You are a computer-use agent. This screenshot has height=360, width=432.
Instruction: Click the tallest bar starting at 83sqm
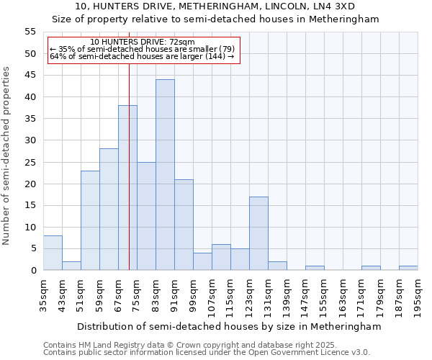[x=165, y=175]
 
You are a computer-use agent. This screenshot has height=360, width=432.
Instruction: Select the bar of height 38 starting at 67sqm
[x=127, y=188]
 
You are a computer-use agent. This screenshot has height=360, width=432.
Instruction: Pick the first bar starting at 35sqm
[x=53, y=253]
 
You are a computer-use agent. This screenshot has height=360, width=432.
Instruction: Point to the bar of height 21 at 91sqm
[x=184, y=225]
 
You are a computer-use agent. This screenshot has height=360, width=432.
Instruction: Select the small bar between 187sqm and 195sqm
[x=408, y=268]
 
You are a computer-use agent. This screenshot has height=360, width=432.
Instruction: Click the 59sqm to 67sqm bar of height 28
[x=109, y=210]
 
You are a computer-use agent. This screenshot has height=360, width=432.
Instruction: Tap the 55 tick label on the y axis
[x=30, y=32]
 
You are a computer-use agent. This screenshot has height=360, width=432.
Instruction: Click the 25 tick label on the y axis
[x=30, y=162]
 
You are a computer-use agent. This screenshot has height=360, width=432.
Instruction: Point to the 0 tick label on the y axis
[x=33, y=271]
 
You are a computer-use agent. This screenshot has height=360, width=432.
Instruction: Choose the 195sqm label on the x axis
[x=418, y=297]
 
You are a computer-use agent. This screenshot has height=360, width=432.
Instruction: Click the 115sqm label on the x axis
[x=230, y=297]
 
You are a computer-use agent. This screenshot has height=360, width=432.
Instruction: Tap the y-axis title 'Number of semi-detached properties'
[x=6, y=156]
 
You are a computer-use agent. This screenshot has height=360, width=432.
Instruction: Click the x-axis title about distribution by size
[x=228, y=326]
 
